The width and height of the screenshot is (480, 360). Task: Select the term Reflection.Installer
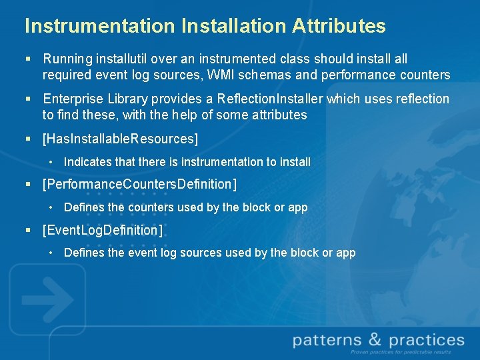[270, 99]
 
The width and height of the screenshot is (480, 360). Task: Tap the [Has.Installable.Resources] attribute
[120, 138]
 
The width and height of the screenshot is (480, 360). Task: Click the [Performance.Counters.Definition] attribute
[139, 183]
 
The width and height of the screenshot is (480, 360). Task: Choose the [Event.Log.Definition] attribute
[102, 229]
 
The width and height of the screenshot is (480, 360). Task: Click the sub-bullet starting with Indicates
[187, 161]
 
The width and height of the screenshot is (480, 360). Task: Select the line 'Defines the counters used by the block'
[185, 207]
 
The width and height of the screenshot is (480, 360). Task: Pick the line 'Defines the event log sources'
[209, 253]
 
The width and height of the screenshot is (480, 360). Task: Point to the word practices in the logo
[427, 341]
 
